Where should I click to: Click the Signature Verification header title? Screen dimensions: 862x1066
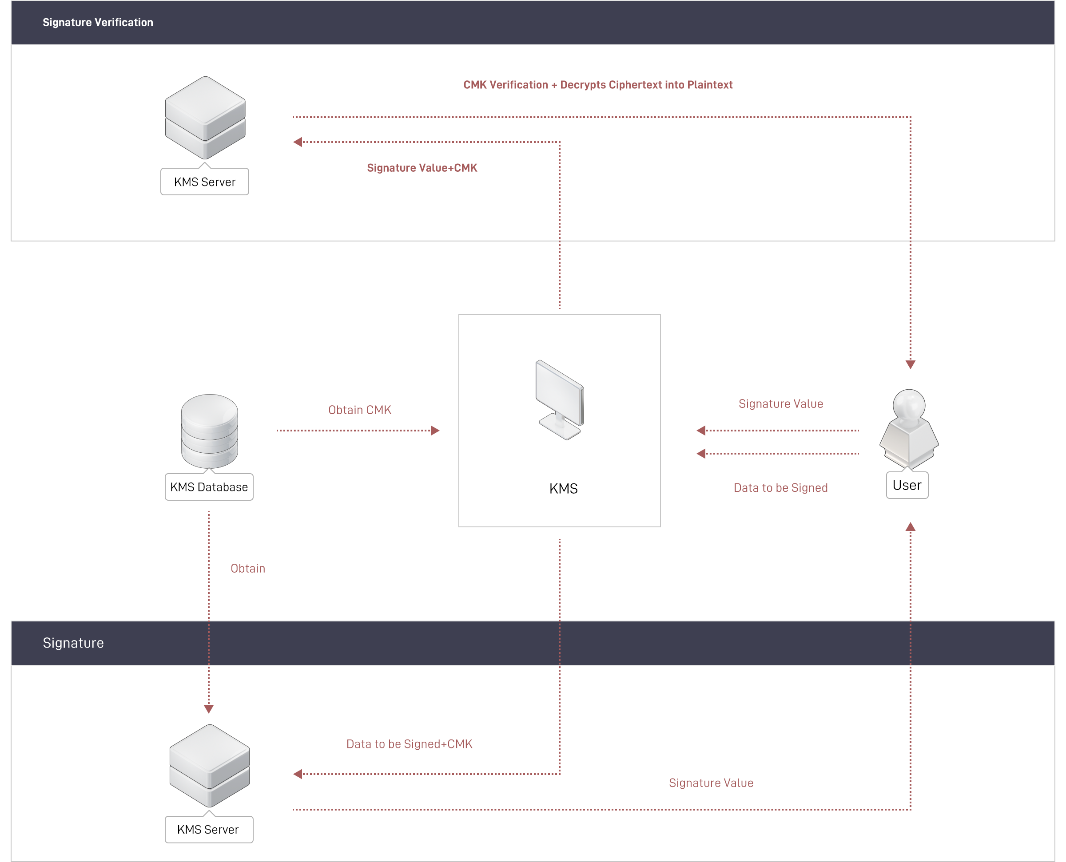point(98,22)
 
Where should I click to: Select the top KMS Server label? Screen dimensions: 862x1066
point(205,182)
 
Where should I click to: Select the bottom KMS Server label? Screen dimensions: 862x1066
point(208,830)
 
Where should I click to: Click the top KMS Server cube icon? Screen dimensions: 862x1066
point(205,117)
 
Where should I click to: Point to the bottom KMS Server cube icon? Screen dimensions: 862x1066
point(210,765)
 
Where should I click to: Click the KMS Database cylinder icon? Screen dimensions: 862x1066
point(210,431)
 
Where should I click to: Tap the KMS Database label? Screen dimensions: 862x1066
point(209,487)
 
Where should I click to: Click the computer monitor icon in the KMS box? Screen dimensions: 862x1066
point(560,400)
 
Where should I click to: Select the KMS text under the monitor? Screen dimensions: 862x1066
point(563,489)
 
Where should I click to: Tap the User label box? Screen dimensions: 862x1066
point(907,486)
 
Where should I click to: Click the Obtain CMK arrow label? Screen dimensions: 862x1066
point(361,410)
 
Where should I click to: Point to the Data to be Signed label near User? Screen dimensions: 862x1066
point(780,488)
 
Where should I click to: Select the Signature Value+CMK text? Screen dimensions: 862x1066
point(422,168)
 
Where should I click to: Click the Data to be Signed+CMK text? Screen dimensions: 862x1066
point(410,744)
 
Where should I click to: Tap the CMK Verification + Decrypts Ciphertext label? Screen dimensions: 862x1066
point(597,85)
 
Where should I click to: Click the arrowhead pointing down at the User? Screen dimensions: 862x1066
point(911,365)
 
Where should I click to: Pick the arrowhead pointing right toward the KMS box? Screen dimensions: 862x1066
point(435,431)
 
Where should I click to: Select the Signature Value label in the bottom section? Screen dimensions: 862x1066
point(711,783)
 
